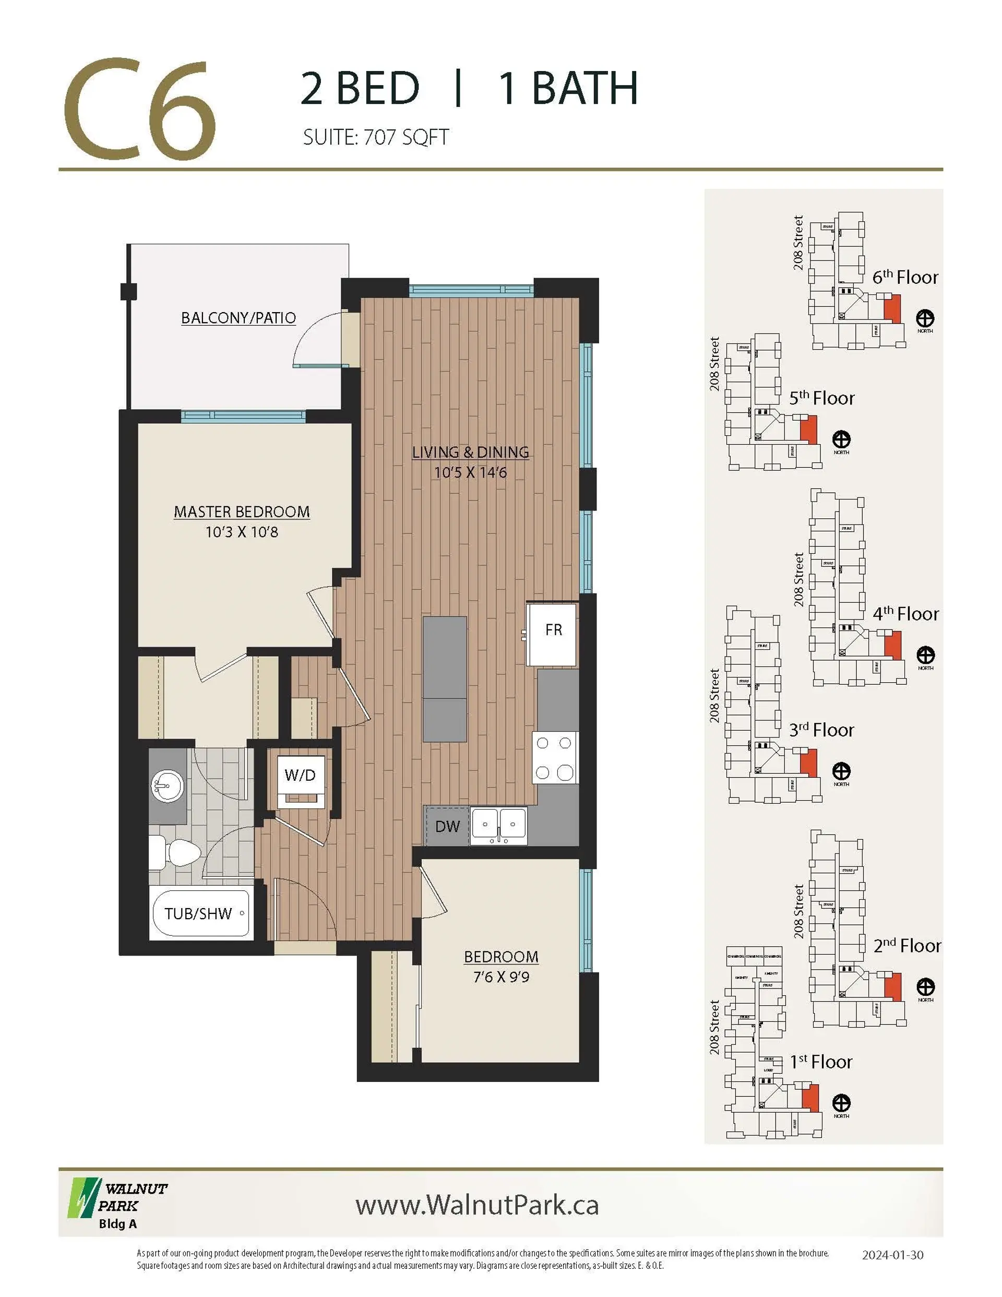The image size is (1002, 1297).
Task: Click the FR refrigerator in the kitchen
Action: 552,634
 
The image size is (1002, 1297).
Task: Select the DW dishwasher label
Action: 447,826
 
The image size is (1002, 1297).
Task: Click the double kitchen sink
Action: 498,826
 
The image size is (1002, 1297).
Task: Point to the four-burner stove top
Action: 554,758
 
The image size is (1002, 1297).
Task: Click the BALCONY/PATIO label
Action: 238,318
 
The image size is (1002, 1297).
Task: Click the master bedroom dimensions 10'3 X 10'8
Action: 242,532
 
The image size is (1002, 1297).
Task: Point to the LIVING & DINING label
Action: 470,452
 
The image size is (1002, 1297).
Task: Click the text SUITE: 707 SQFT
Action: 375,137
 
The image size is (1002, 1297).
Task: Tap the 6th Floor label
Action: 904,277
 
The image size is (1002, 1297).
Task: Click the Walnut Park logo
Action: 117,1205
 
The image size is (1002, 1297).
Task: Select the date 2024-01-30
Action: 892,1255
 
